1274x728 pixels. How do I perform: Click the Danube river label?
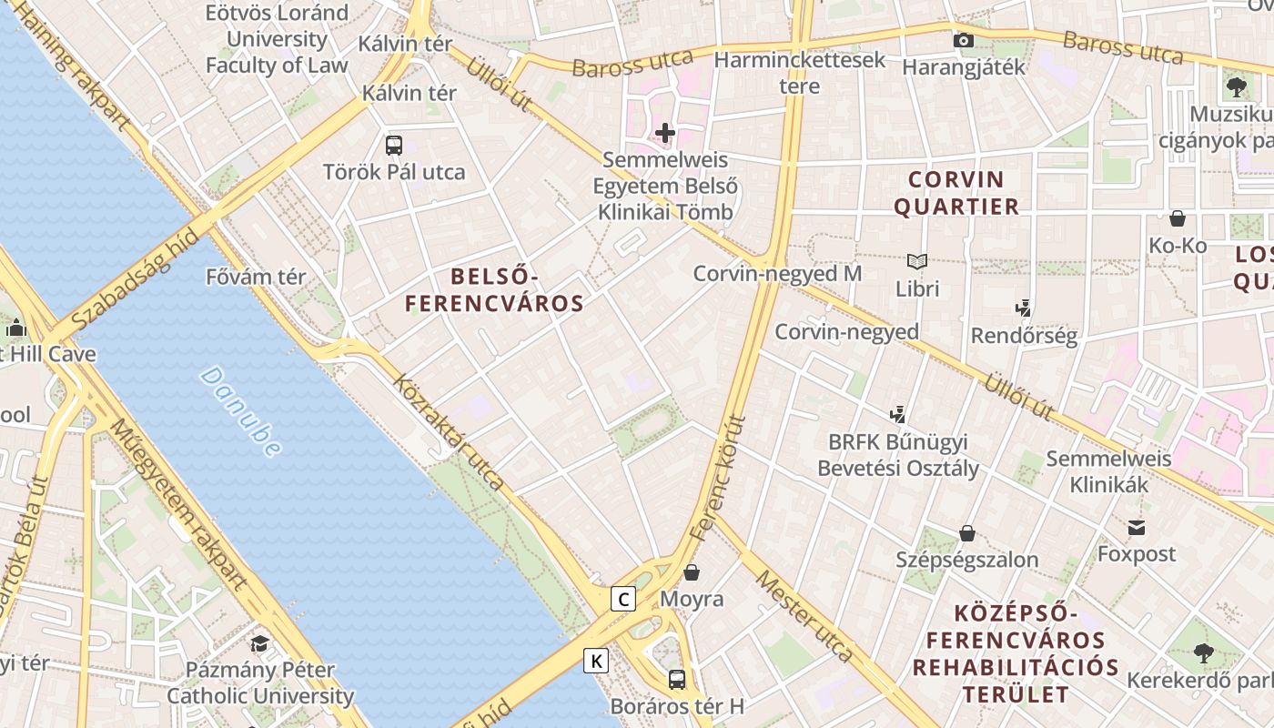click(x=240, y=410)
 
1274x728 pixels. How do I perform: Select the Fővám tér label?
click(x=256, y=277)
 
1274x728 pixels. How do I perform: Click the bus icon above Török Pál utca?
click(x=394, y=145)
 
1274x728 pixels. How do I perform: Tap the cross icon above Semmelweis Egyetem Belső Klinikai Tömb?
click(x=665, y=133)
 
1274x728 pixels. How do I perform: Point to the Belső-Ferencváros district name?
click(x=494, y=289)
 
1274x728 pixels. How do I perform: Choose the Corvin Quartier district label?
click(x=955, y=192)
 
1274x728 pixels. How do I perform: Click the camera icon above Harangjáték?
click(x=963, y=40)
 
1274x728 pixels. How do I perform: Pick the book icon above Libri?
click(x=916, y=262)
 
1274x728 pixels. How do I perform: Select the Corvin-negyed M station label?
click(x=777, y=273)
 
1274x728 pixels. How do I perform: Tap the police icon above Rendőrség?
click(x=1024, y=308)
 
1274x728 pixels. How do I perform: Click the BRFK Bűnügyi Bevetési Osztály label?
click(x=897, y=455)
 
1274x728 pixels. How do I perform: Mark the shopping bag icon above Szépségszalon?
click(x=966, y=532)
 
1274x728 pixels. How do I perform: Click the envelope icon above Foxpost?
click(x=1137, y=527)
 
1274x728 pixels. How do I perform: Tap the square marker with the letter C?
click(x=623, y=599)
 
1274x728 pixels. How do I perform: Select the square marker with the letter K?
click(x=596, y=661)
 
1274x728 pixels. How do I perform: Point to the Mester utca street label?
click(x=804, y=616)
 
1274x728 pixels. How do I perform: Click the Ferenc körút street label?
click(x=718, y=479)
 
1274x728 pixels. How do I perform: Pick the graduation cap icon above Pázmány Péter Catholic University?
click(x=259, y=643)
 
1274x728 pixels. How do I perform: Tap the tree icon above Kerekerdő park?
click(x=1203, y=652)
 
